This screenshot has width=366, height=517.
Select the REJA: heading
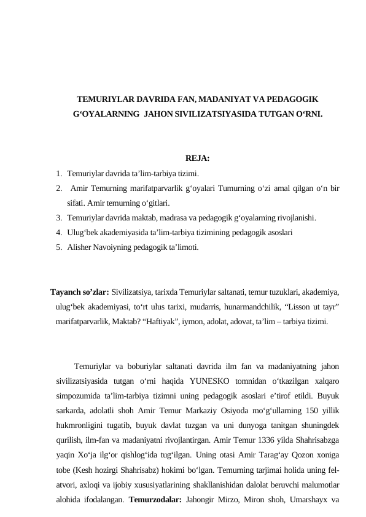point(197,158)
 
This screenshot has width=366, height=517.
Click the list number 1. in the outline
point(57,173)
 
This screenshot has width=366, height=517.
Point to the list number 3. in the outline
point(57,217)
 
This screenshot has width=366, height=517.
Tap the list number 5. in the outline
point(57,247)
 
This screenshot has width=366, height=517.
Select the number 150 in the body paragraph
point(308,411)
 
